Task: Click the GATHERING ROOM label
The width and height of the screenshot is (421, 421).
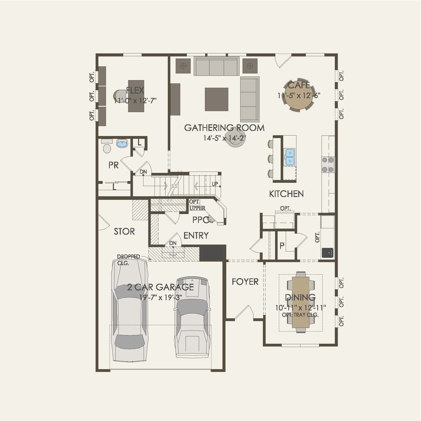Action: tap(224, 128)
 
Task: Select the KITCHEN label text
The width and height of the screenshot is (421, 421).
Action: tap(286, 194)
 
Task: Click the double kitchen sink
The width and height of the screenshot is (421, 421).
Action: tap(290, 157)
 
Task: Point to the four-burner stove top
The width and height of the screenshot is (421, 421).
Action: tap(328, 164)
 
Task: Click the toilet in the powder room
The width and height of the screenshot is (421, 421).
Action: tap(107, 146)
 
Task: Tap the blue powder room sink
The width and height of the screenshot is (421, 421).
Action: tap(122, 144)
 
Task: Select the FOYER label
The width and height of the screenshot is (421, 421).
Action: tap(245, 282)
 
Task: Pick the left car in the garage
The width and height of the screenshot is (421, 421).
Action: tap(130, 311)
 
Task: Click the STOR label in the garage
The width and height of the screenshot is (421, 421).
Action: tap(124, 231)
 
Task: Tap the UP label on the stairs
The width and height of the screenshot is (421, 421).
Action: tap(215, 184)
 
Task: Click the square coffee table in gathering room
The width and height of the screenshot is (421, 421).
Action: tap(216, 99)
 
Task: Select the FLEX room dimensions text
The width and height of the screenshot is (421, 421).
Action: tap(135, 101)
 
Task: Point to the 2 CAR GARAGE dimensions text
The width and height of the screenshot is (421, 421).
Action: tap(160, 297)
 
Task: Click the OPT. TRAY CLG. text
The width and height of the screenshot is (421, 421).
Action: tap(300, 315)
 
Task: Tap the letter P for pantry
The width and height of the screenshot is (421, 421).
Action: tap(282, 246)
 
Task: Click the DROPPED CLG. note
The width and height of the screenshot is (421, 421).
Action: tap(128, 260)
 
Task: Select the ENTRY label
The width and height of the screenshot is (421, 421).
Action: tap(196, 236)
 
